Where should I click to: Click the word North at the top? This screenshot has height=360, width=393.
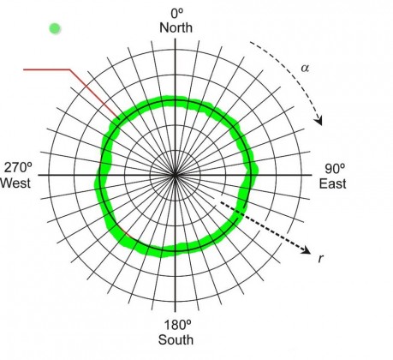pos(176,28)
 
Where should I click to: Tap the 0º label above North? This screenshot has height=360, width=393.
pos(177,13)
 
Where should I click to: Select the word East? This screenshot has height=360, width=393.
pos(332,183)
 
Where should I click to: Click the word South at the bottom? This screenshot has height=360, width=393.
pos(176,340)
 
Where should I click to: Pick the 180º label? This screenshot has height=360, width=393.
pos(177,325)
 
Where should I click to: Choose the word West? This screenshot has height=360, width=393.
pos(15,183)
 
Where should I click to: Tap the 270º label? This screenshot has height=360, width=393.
pos(18,168)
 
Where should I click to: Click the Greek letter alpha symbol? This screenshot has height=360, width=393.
pos(305,69)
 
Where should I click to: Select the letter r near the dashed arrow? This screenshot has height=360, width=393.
pos(321,258)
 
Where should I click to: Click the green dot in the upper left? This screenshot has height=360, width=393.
pos(55,28)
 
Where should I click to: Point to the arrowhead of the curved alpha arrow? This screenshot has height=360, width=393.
pos(319,122)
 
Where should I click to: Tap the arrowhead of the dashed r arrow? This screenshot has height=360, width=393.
pos(307,251)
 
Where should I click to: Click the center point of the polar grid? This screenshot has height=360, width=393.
pos(175,175)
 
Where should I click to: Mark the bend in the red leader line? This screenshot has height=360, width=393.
pos(70,69)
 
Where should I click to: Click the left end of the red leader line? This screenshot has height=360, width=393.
pos(24,69)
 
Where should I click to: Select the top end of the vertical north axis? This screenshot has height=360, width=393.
pos(175,39)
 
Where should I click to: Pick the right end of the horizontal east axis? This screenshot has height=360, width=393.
pos(312,175)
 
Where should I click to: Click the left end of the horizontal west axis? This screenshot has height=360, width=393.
pos(39,175)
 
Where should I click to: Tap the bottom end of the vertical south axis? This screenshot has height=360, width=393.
pos(175,312)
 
